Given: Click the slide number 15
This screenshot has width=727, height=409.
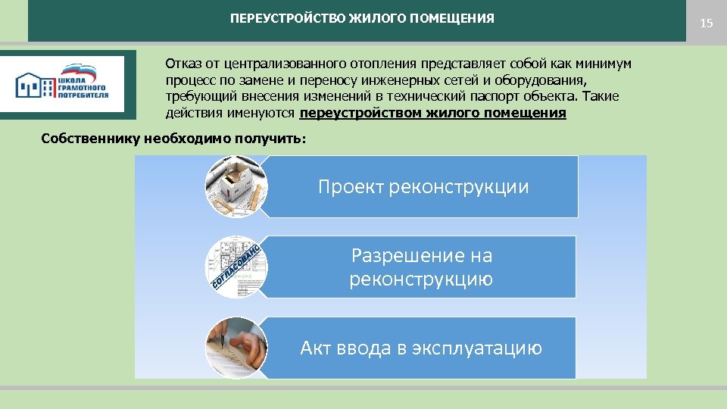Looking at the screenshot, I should (706, 23).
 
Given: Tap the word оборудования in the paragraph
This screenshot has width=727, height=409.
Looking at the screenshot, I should (544, 80).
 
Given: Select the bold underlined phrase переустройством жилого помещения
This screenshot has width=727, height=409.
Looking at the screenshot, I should (432, 114).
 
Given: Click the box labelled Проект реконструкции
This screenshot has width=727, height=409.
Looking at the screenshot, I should (423, 187).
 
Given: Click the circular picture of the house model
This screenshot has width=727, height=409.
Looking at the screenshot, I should (236, 186).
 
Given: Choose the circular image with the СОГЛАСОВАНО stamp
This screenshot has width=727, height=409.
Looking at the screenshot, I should (236, 267).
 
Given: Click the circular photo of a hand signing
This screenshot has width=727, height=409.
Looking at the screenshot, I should (236, 348).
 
